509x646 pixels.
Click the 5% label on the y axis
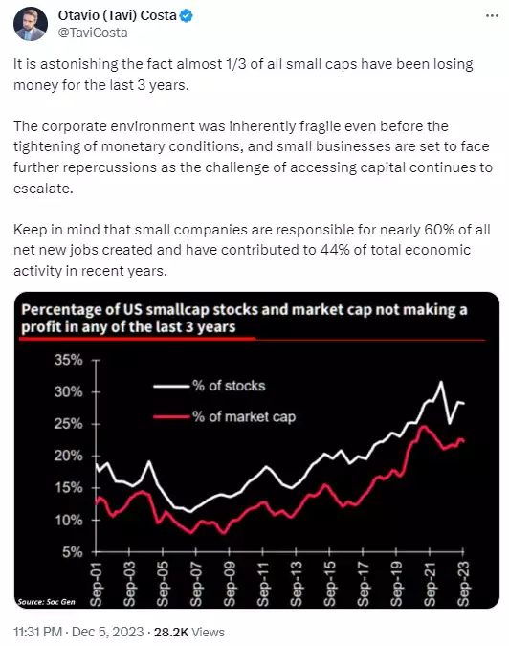point(74,552)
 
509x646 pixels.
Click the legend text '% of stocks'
point(231,386)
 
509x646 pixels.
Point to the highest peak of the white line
point(440,382)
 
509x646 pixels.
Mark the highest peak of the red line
point(423,426)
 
